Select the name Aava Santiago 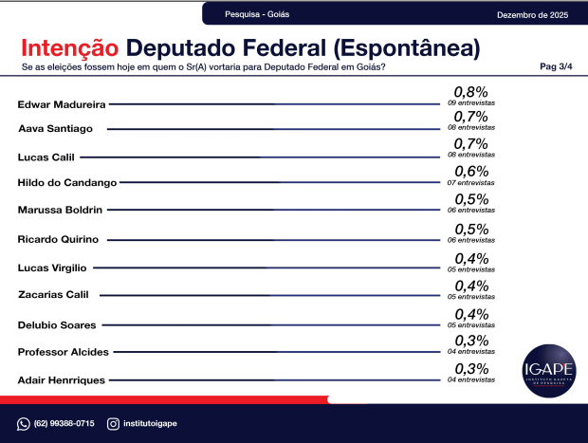pyautogui.click(x=56, y=129)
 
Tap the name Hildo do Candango pyautogui.click(x=66, y=182)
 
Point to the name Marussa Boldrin pyautogui.click(x=60, y=210)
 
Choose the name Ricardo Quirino pyautogui.click(x=58, y=239)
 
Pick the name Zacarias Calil pyautogui.click(x=53, y=295)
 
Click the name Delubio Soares pyautogui.click(x=57, y=324)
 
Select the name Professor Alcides pyautogui.click(x=64, y=352)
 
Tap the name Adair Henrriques pyautogui.click(x=62, y=379)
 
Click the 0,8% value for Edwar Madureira pyautogui.click(x=470, y=92)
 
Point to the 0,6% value pyautogui.click(x=470, y=172)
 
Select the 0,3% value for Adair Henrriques pyautogui.click(x=470, y=369)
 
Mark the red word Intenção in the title pyautogui.click(x=69, y=48)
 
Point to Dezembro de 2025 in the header pyautogui.click(x=531, y=14)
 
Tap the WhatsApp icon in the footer pyautogui.click(x=24, y=423)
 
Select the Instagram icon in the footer pyautogui.click(x=113, y=423)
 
